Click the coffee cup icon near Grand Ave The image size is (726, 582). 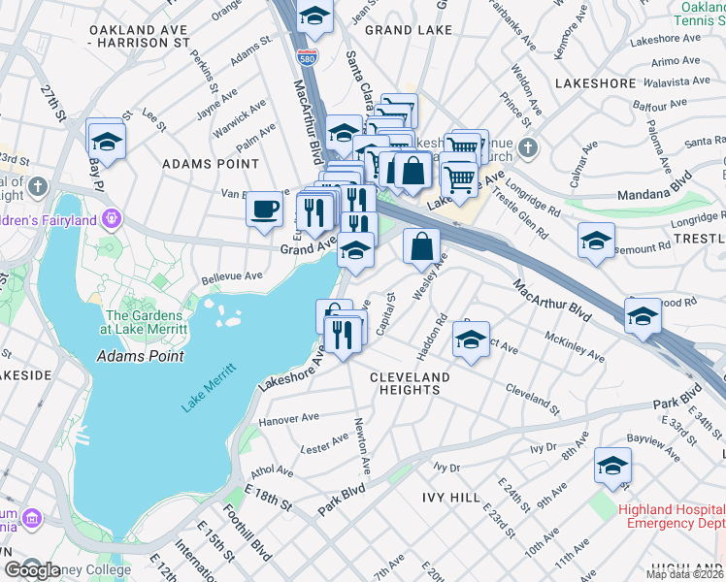click(x=264, y=209)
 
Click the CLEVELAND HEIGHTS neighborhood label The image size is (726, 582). click(x=410, y=383)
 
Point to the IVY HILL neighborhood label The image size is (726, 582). click(x=450, y=470)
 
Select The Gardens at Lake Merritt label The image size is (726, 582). click(x=144, y=322)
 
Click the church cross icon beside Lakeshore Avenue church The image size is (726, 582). click(x=527, y=148)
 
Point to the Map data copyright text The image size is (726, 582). click(x=685, y=574)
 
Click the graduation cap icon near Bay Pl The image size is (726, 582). click(x=107, y=142)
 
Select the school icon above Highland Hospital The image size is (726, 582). click(x=612, y=441)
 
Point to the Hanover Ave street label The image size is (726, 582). click(x=289, y=419)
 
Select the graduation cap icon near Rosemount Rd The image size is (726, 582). click(x=596, y=241)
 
